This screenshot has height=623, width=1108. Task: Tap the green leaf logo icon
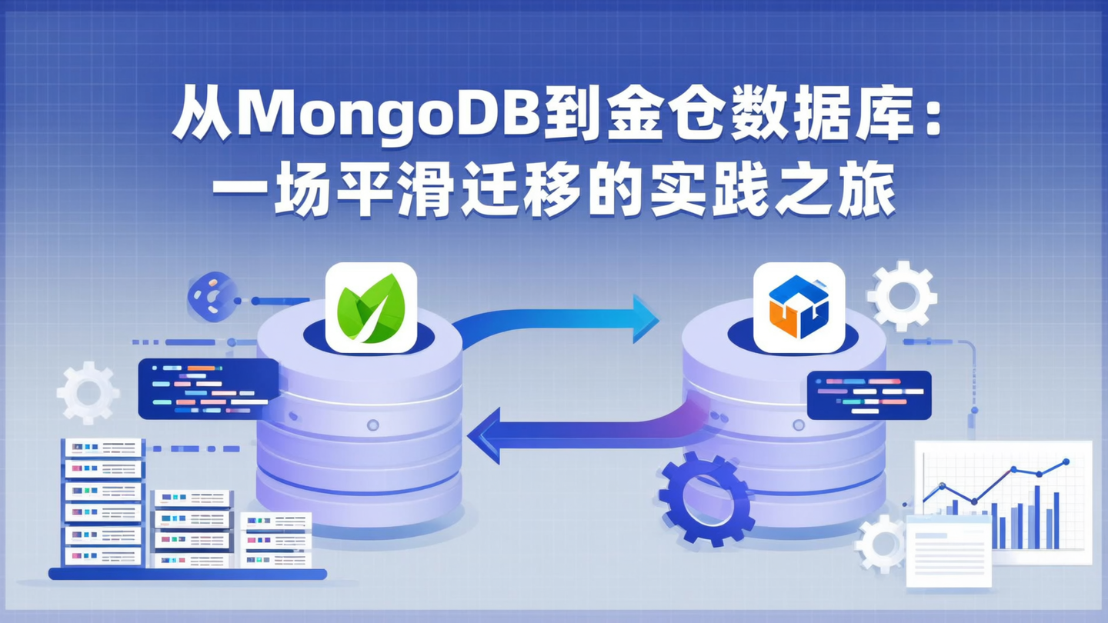(371, 308)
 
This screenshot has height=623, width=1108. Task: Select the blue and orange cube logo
(799, 308)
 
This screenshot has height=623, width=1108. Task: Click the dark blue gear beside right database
(706, 498)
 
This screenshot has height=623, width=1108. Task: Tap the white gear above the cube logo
(901, 296)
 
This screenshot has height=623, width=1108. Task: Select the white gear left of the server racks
(88, 393)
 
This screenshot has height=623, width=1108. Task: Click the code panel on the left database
(208, 388)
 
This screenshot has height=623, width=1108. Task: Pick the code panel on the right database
(869, 395)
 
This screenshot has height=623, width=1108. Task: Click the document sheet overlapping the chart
(948, 551)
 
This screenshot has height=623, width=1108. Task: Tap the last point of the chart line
(1066, 462)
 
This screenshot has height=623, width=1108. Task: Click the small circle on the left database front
(373, 425)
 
